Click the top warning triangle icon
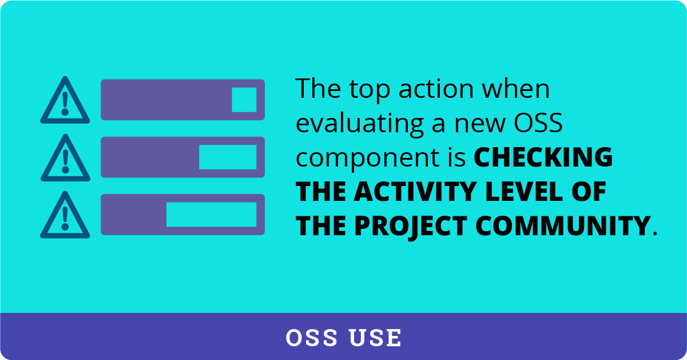click(65, 101)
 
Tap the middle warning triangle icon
click(65, 159)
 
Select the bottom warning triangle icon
click(65, 216)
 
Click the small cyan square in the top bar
click(244, 100)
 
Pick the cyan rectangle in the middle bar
click(228, 157)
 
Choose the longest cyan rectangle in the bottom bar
click(211, 214)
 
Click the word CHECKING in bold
click(543, 159)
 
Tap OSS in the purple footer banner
click(312, 338)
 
